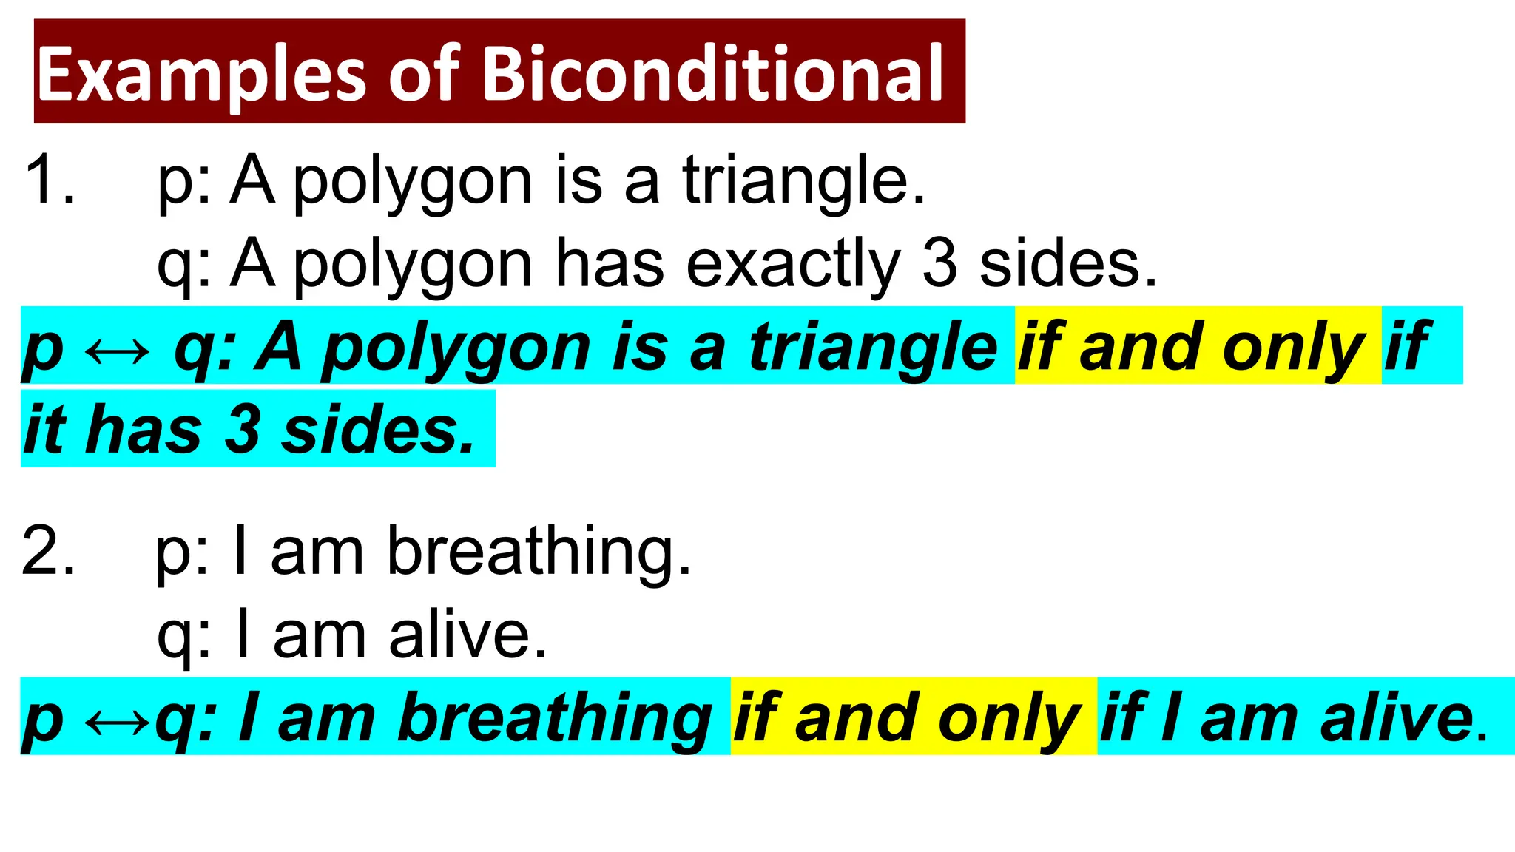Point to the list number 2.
[49, 550]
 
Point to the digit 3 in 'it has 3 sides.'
[242, 430]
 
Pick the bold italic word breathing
[555, 719]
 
